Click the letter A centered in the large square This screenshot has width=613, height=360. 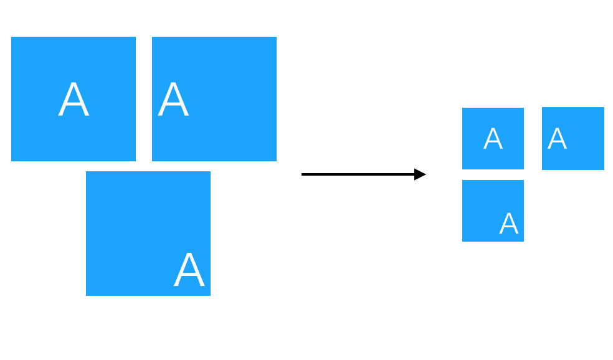[x=74, y=99]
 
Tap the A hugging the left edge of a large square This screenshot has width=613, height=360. [x=173, y=99]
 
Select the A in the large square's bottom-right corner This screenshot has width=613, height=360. [x=189, y=269]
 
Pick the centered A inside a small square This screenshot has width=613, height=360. [x=493, y=138]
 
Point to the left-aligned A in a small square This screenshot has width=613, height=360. [x=557, y=138]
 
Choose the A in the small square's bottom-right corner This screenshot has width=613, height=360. [x=508, y=223]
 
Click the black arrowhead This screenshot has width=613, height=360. [x=421, y=174]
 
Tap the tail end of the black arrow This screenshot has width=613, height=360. [x=302, y=174]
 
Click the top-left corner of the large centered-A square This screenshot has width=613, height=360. [x=11, y=37]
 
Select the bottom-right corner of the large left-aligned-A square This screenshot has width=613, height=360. [x=277, y=161]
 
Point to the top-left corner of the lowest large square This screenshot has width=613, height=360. [x=86, y=171]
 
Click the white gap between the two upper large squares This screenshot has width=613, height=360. [x=144, y=99]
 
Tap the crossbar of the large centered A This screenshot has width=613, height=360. [x=74, y=104]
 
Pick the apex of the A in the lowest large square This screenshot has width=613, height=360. [x=189, y=253]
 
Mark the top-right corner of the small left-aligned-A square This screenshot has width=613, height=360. [x=604, y=108]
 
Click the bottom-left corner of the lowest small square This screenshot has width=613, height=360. [x=462, y=241]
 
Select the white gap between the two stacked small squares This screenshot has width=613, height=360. [x=493, y=175]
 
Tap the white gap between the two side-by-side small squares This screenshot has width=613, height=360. [x=533, y=138]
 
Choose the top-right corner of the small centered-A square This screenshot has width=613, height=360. [x=524, y=108]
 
